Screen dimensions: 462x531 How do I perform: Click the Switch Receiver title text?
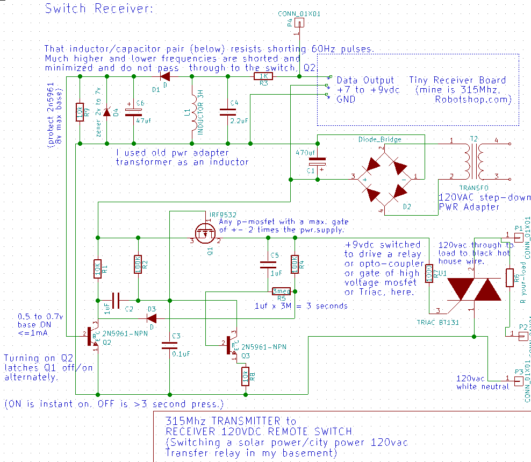point(99,9)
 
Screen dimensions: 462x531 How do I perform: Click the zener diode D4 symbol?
point(106,112)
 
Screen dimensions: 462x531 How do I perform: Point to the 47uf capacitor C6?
point(133,112)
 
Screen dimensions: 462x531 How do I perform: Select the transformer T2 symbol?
point(473,159)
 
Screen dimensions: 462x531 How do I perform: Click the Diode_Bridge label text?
point(379,139)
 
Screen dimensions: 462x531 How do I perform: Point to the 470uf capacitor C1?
point(317,161)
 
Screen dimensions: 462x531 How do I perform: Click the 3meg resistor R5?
point(281,291)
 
